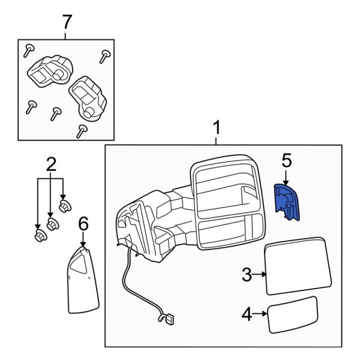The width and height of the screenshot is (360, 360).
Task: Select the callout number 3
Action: click(247, 275)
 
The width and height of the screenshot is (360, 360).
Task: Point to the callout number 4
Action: click(247, 313)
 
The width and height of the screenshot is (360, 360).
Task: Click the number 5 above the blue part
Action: click(286, 160)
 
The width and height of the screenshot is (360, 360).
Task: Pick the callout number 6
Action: click(83, 224)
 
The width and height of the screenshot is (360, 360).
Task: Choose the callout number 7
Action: click(67, 22)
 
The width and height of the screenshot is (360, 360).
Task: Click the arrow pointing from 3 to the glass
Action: click(260, 275)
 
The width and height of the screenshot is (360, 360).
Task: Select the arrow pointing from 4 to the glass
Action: click(260, 313)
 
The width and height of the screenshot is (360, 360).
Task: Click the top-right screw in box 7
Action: click(106, 56)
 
